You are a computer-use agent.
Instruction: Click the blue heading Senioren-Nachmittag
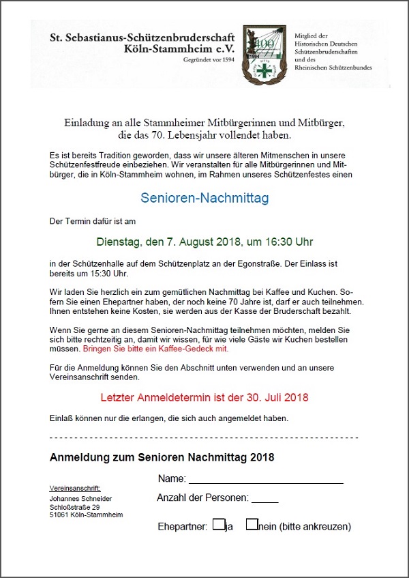click(204, 199)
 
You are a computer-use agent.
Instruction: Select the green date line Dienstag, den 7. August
click(204, 242)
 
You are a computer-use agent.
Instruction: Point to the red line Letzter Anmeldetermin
click(204, 396)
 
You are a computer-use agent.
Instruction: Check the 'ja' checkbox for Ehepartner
click(218, 525)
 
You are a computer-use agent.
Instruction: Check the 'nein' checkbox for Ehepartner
click(252, 525)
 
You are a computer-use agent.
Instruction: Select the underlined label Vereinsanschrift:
click(75, 489)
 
